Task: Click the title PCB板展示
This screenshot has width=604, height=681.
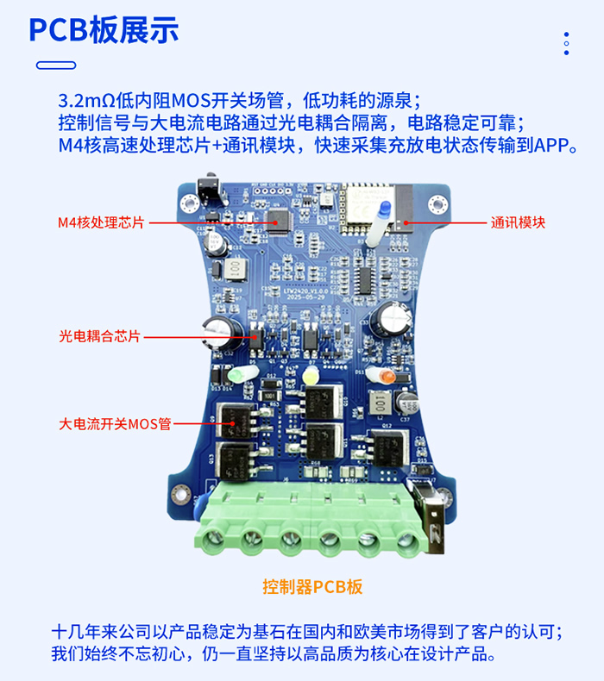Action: coord(104,30)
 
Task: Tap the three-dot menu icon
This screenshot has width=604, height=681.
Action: coord(566,44)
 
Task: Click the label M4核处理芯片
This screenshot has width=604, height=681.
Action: coord(101,222)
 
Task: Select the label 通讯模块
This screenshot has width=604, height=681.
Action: coord(518,222)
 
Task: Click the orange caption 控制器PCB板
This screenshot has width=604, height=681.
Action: coord(312,587)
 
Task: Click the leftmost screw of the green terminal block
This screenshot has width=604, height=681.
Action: coord(219,540)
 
